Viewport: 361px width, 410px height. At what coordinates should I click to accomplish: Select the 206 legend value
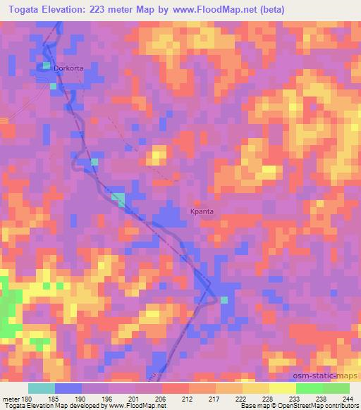pos(161,399)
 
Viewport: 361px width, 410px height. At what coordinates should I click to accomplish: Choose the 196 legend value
pos(109,399)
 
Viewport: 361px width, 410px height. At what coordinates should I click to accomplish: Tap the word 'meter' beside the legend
pos(11,399)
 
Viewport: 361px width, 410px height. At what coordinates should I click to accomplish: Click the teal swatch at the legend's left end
pos(42,388)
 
